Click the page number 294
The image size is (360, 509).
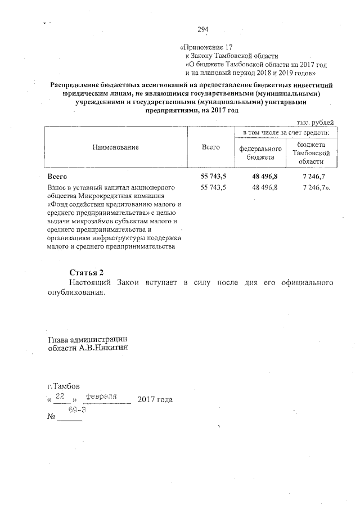click(x=202, y=30)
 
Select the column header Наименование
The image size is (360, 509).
click(x=115, y=147)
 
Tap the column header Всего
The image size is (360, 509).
click(x=210, y=147)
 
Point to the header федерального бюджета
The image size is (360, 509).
click(x=260, y=153)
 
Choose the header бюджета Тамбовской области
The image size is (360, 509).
click(x=311, y=153)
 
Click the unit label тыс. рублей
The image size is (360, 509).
click(x=315, y=122)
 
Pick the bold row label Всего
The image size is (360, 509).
click(x=57, y=177)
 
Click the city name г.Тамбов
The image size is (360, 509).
click(x=64, y=387)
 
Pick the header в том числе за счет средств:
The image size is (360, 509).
click(x=286, y=133)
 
